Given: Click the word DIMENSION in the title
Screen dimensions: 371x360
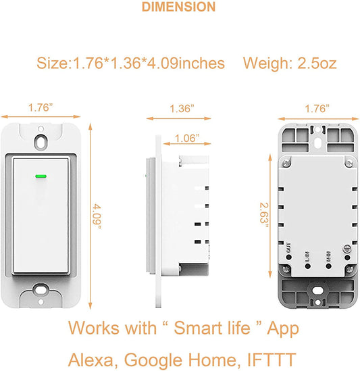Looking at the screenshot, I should tap(179, 7).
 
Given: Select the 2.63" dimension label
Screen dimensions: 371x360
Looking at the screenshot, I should tap(266, 214).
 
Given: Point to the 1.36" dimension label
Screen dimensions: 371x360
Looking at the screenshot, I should tap(181, 107).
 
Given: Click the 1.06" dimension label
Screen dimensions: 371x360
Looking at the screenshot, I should tap(187, 138).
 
